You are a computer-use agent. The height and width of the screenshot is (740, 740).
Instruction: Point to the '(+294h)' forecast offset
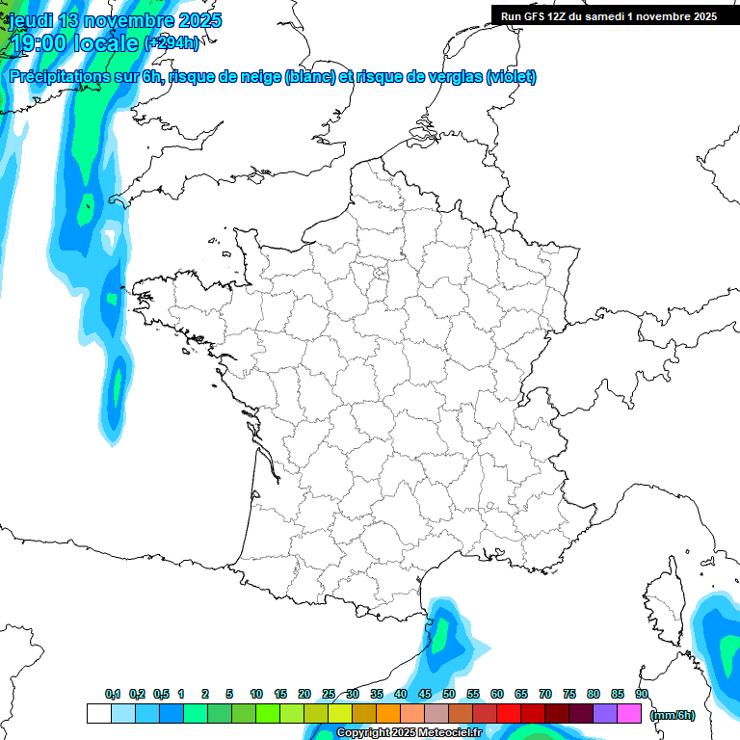tap(172, 43)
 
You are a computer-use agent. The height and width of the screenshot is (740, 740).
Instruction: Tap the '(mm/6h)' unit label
tap(673, 715)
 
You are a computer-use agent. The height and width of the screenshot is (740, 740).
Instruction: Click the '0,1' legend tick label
tap(113, 695)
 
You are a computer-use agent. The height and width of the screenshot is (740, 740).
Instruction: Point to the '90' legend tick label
tap(642, 695)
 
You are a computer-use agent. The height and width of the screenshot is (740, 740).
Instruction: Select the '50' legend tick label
tap(449, 695)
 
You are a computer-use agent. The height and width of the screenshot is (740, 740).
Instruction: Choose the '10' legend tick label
tap(256, 695)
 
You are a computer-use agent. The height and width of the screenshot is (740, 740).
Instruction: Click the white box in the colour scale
tap(98, 714)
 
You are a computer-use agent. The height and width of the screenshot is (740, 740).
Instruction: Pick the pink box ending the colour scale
tap(629, 714)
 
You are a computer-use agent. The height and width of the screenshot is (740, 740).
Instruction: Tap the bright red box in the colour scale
tap(508, 714)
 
